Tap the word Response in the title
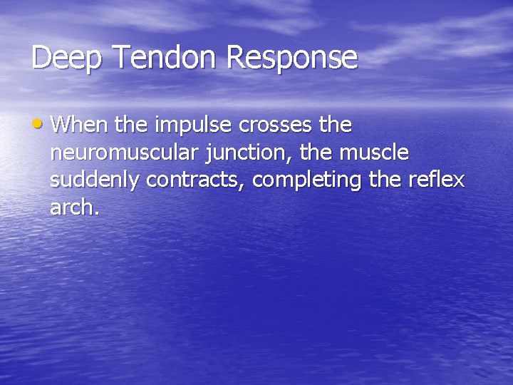[x=292, y=58]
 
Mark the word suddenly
[x=95, y=180]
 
